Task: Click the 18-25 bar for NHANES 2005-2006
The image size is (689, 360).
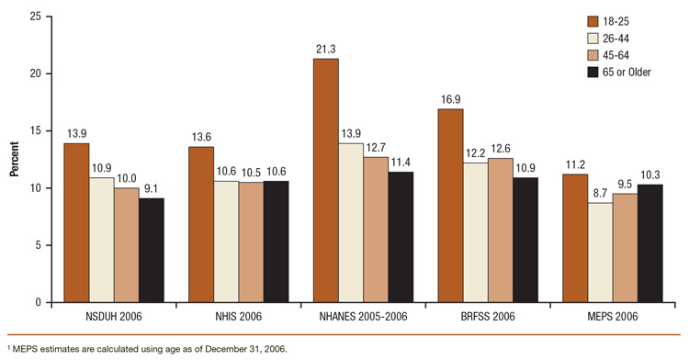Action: click(x=325, y=181)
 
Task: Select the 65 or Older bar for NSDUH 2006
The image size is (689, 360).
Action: click(x=152, y=250)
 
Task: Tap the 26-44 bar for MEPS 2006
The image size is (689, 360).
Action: click(x=600, y=253)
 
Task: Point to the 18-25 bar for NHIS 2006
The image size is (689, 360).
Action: click(x=201, y=224)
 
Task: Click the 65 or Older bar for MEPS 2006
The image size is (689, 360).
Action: click(x=649, y=243)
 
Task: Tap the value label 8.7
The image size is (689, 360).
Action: click(x=600, y=194)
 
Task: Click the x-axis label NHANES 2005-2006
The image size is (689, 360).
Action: click(x=350, y=316)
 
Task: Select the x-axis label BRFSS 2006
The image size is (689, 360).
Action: click(x=475, y=316)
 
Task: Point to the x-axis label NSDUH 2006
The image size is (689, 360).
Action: click(x=101, y=316)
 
